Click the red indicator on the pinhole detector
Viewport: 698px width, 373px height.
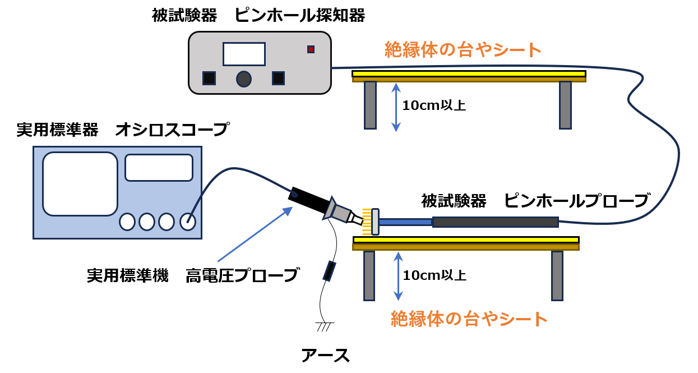coord(311,49)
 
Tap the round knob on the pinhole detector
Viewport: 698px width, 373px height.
coord(243,79)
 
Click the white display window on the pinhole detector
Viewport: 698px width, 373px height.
coord(244,54)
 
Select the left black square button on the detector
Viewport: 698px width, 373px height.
coord(209,79)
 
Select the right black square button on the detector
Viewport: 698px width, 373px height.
coord(278,79)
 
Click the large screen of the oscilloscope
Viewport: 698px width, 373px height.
coord(80,183)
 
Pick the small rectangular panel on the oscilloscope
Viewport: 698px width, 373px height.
coord(159,168)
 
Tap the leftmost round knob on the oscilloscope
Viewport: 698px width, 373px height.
coord(127,222)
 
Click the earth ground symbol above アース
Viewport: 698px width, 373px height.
coord(324,325)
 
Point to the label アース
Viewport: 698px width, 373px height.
coord(325,355)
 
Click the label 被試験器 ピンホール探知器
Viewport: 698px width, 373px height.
coord(258,15)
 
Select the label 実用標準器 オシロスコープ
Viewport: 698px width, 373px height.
coord(122,130)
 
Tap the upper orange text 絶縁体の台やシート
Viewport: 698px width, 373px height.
coord(463,50)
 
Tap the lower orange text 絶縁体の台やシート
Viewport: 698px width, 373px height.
coord(469,319)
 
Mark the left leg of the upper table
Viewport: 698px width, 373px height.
coord(370,105)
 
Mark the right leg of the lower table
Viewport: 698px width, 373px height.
coord(557,275)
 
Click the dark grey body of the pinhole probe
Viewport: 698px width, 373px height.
coord(495,222)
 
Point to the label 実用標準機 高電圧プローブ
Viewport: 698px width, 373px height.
coord(192,275)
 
